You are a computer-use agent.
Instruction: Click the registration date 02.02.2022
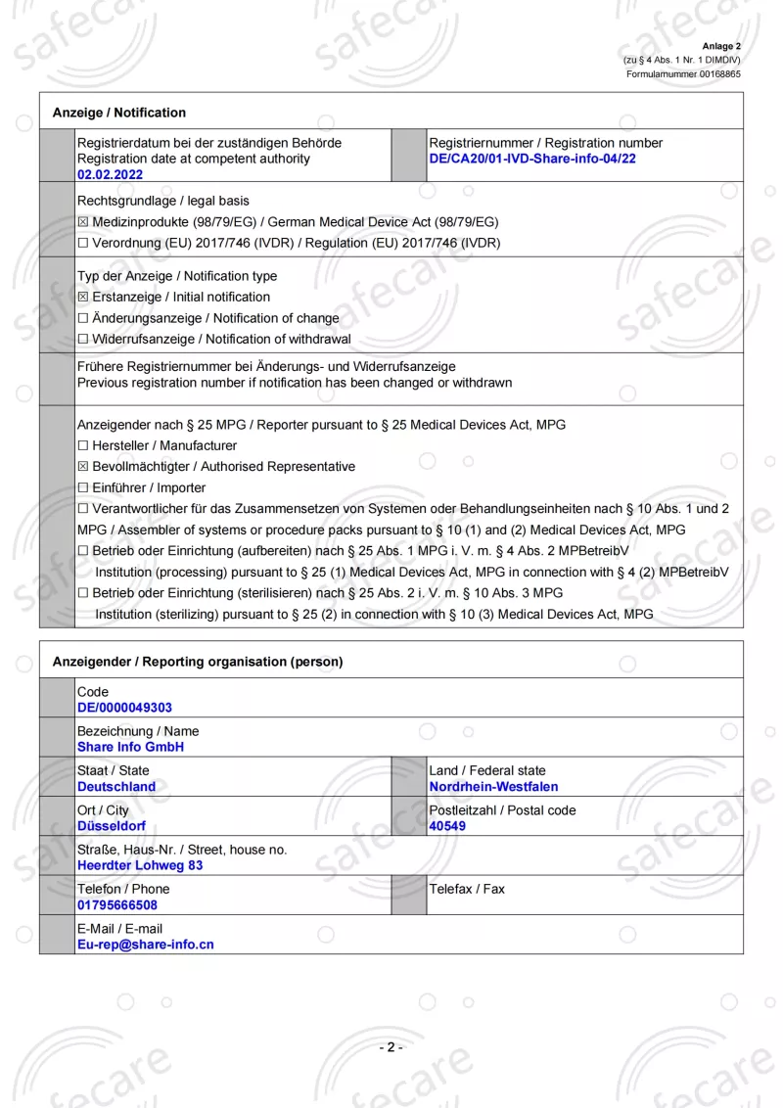coord(110,174)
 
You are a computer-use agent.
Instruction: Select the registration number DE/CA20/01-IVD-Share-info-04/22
coord(532,159)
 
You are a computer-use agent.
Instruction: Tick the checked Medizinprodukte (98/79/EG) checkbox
coord(83,222)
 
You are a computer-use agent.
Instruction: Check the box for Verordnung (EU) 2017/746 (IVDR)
coord(83,243)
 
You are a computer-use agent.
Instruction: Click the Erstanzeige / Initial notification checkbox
coord(83,298)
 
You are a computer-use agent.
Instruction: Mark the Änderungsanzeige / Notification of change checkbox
coord(83,318)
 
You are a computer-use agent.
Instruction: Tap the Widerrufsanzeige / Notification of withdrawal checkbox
coord(83,340)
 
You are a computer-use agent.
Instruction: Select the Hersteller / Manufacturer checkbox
coord(83,446)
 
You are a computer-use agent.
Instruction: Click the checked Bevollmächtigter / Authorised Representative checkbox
coord(83,467)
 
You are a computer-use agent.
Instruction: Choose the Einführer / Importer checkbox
coord(83,488)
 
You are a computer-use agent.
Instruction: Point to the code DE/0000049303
coord(124,708)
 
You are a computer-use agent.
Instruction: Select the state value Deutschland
coord(116,787)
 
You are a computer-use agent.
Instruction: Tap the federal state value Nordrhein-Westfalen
coord(493,787)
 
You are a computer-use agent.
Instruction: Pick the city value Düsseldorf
coord(112,826)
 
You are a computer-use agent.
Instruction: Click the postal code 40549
coord(447,826)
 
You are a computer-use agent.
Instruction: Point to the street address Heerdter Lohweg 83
coord(140,865)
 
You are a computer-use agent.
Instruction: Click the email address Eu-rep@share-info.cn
coord(146,945)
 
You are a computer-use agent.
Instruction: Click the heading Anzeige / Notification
coord(119,113)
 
